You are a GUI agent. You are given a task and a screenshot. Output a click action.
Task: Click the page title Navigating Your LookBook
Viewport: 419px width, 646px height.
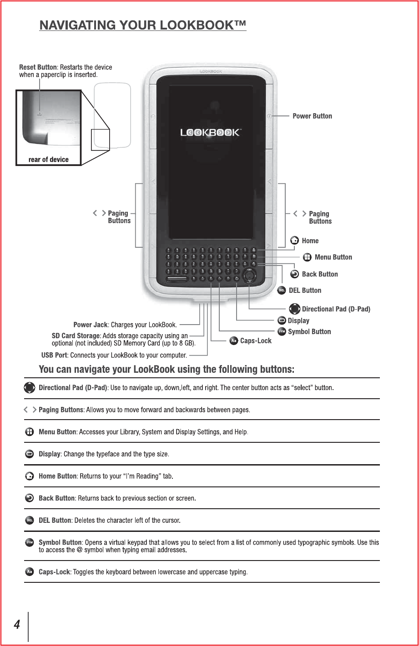click(x=143, y=25)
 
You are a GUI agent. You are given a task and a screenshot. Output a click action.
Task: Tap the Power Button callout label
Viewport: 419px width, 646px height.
click(x=312, y=116)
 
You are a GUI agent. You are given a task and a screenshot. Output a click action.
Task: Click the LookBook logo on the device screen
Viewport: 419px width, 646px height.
click(x=210, y=132)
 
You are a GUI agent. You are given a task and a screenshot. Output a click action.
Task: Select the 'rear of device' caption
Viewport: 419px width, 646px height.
click(x=48, y=160)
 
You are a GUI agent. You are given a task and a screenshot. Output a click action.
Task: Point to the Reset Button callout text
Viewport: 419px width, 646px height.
click(x=65, y=70)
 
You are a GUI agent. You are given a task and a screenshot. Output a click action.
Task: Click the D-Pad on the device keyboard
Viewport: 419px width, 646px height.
click(x=249, y=276)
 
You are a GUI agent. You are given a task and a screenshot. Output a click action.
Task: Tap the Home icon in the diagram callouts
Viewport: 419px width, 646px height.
click(x=295, y=240)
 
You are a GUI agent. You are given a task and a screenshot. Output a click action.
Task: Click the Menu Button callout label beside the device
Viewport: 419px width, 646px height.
click(x=333, y=257)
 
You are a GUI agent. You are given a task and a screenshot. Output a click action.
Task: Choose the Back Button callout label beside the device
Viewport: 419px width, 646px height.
click(x=319, y=274)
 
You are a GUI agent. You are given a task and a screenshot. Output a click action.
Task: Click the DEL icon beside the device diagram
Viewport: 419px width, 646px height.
click(x=282, y=290)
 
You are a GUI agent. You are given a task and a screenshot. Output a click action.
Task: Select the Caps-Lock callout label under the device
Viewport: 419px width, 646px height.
click(x=256, y=341)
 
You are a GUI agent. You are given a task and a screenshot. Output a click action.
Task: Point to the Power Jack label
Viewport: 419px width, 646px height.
click(x=91, y=325)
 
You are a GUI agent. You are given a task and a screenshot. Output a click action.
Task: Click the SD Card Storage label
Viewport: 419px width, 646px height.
click(x=76, y=336)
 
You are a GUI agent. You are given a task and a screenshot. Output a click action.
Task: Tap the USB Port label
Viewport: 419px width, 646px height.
click(x=54, y=355)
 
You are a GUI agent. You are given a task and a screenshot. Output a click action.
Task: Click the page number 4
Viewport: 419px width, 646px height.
click(x=16, y=625)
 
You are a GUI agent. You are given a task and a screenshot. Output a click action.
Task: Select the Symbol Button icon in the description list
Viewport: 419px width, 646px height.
click(x=29, y=543)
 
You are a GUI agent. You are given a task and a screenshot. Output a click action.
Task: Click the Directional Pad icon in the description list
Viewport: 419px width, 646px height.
click(x=29, y=388)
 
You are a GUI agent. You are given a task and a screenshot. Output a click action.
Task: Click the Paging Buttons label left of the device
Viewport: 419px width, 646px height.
click(x=118, y=217)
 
